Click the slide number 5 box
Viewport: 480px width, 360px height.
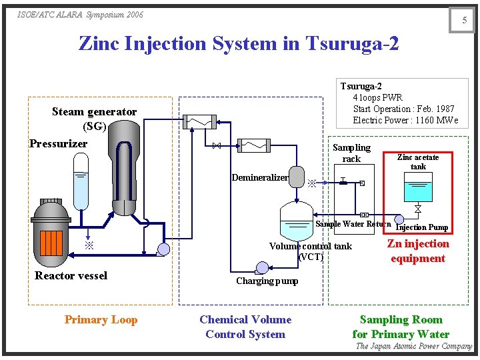[x=465, y=20]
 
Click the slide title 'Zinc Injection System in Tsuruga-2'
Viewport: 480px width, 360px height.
[x=239, y=43]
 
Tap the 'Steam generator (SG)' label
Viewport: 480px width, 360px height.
[x=94, y=119]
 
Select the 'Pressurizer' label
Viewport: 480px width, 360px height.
[x=59, y=143]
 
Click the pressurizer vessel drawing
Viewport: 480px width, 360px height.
[x=80, y=181]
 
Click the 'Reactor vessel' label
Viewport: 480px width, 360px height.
[x=71, y=275]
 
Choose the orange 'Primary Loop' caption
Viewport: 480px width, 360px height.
[x=101, y=319]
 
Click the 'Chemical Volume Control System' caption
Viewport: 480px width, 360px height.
[x=245, y=327]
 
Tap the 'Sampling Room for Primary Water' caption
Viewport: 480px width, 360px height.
[x=401, y=327]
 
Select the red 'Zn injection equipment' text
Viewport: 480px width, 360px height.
[x=418, y=251]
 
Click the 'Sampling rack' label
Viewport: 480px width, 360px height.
[x=351, y=153]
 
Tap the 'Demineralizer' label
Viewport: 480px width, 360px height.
[x=260, y=177]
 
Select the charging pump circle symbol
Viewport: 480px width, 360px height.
[x=262, y=267]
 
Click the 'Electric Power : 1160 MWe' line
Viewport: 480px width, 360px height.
[x=405, y=120]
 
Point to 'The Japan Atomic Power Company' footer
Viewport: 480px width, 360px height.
[x=413, y=346]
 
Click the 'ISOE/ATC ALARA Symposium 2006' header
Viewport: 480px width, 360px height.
[x=81, y=15]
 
